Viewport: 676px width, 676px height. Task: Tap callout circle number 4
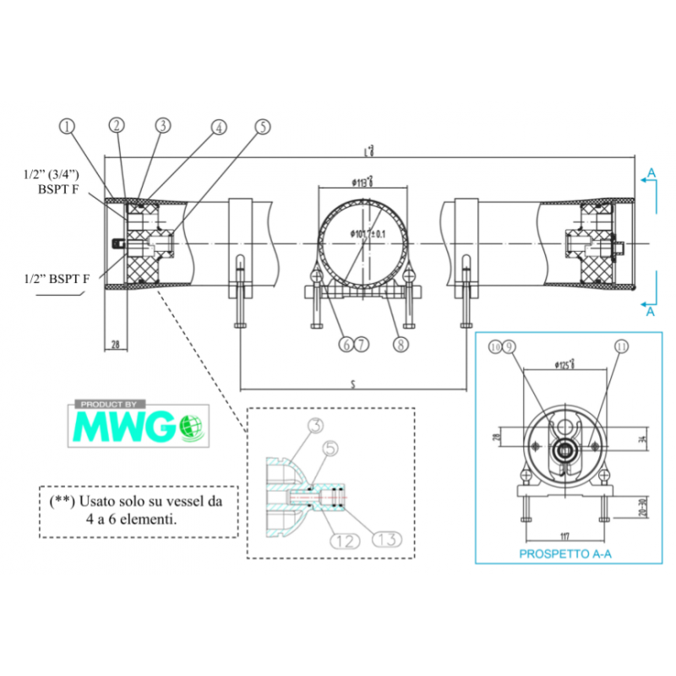219,128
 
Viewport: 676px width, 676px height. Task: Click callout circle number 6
346,344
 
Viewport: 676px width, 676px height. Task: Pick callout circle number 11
623,346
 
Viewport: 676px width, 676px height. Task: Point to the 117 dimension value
564,534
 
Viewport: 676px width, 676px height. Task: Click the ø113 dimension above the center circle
363,182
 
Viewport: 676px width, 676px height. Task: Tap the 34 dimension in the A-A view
641,439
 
